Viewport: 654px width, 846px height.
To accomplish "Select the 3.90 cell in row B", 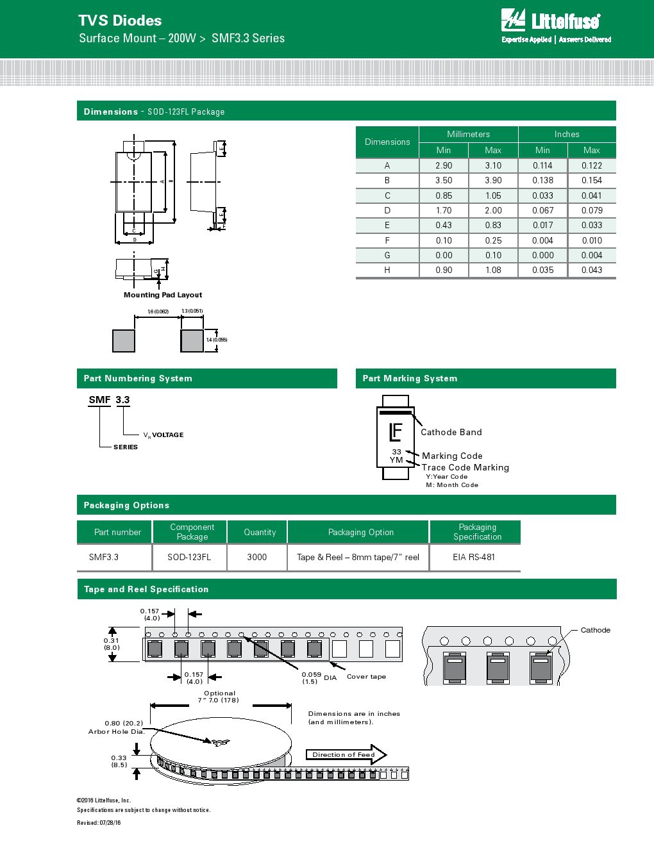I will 493,181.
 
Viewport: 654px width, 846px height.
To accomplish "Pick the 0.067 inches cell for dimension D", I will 542,210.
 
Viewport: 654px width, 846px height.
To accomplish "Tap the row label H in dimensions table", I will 387,270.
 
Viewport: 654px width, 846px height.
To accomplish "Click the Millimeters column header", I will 468,134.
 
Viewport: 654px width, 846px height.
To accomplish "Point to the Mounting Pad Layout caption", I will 163,295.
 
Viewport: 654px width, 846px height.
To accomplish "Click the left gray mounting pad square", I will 124,340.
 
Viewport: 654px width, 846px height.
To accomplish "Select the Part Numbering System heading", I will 138,378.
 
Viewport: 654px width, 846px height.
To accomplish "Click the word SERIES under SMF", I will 126,447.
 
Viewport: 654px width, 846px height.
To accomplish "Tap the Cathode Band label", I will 451,432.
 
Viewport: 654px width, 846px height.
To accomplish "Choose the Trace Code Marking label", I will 465,467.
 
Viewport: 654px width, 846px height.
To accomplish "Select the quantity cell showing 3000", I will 257,557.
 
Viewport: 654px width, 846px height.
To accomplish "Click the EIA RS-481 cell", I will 474,557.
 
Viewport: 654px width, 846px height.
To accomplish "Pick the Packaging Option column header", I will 361,532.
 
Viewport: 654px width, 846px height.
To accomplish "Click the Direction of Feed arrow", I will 346,754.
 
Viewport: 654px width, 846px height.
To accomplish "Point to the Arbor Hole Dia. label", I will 116,731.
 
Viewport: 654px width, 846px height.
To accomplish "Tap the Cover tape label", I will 366,676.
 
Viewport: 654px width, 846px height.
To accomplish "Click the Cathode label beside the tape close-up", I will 595,630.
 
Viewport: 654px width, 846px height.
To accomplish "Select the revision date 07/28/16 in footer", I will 110,823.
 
